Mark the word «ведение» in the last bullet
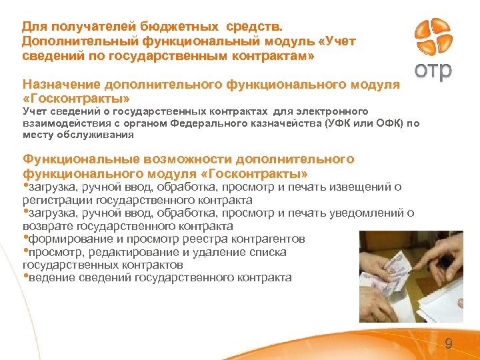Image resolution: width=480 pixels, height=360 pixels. point(47,277)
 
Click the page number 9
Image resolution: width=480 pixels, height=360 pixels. point(448,344)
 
